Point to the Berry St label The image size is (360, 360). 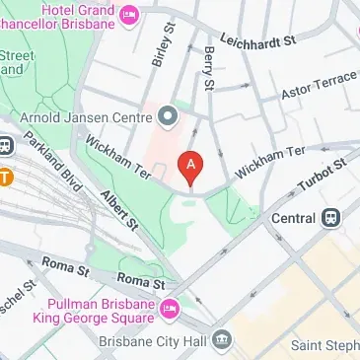pos(208,70)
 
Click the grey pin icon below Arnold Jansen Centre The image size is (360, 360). pos(168,117)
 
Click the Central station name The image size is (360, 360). pos(293,217)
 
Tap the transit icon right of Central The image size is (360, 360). pos(330,217)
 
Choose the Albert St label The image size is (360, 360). pos(118,213)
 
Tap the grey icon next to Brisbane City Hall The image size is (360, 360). pos(224,341)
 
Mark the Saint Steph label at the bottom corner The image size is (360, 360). pos(324,345)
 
